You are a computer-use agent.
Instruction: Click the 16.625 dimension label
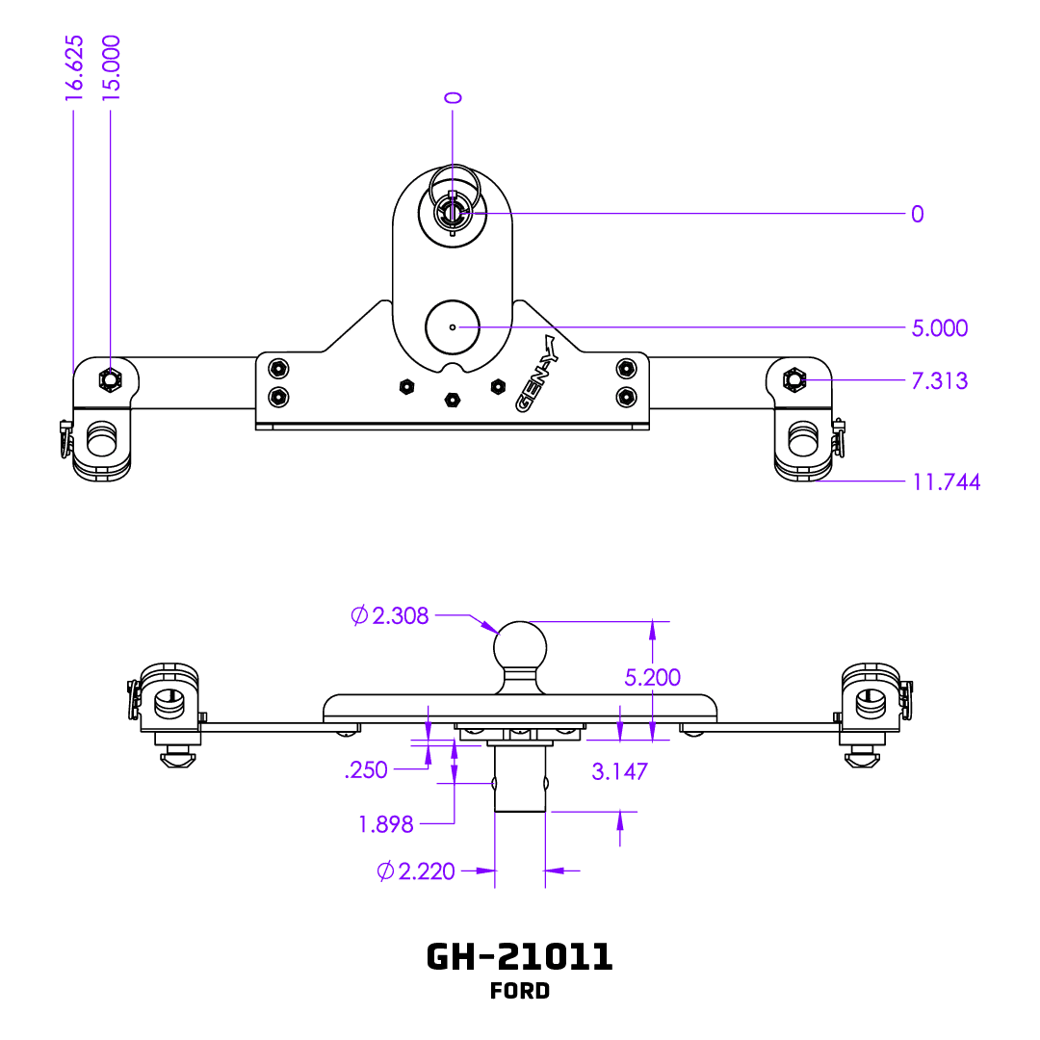pyautogui.click(x=75, y=67)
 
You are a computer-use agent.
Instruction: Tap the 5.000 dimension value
pyautogui.click(x=939, y=328)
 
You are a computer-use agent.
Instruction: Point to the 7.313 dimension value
pyautogui.click(x=939, y=381)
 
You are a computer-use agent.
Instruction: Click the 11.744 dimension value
pyautogui.click(x=946, y=481)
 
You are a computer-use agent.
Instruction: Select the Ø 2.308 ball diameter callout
pyautogui.click(x=390, y=615)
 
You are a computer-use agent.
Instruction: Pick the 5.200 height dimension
pyautogui.click(x=652, y=677)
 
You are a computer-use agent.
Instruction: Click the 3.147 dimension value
pyautogui.click(x=618, y=770)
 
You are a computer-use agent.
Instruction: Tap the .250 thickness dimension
pyautogui.click(x=366, y=769)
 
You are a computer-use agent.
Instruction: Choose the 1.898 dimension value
pyautogui.click(x=385, y=824)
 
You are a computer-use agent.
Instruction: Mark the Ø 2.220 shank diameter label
pyautogui.click(x=416, y=871)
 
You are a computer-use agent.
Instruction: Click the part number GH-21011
pyautogui.click(x=519, y=956)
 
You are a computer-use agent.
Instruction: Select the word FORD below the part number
pyautogui.click(x=520, y=991)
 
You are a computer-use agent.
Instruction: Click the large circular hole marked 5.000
pyautogui.click(x=453, y=327)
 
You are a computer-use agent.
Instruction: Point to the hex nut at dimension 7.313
pyautogui.click(x=794, y=380)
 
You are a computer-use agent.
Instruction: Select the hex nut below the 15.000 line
pyautogui.click(x=110, y=380)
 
